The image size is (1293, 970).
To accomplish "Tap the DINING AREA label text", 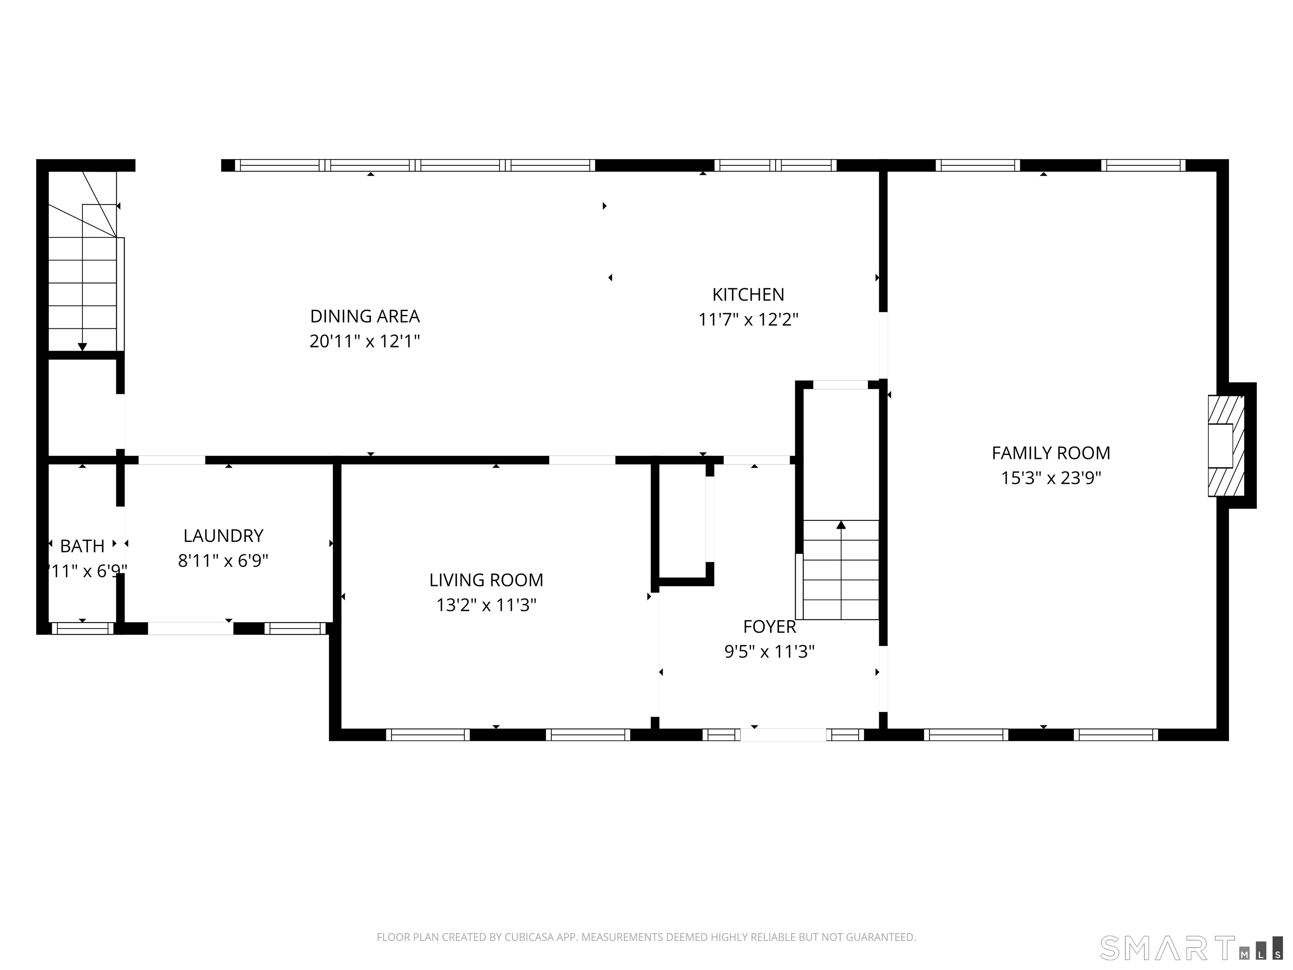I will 365,316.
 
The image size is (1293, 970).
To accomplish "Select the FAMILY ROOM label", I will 1051,453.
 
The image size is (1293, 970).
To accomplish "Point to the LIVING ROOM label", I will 486,580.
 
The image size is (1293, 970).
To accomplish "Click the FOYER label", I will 769,627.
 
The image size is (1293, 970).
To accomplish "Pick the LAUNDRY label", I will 223,536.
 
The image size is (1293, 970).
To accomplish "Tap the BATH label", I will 82,546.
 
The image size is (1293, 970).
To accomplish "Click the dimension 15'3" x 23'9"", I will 1051,478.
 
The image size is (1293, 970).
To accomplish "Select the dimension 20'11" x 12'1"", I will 365,341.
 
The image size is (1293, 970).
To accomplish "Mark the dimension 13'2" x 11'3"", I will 486,605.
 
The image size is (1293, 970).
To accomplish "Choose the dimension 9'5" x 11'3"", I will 769,652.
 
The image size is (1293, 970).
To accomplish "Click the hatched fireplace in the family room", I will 1225,445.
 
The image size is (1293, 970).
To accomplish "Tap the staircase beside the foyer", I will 841,570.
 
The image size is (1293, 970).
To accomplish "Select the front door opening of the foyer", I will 783,735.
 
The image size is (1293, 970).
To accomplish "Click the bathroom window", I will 82,629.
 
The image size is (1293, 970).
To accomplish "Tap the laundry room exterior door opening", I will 191,629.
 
